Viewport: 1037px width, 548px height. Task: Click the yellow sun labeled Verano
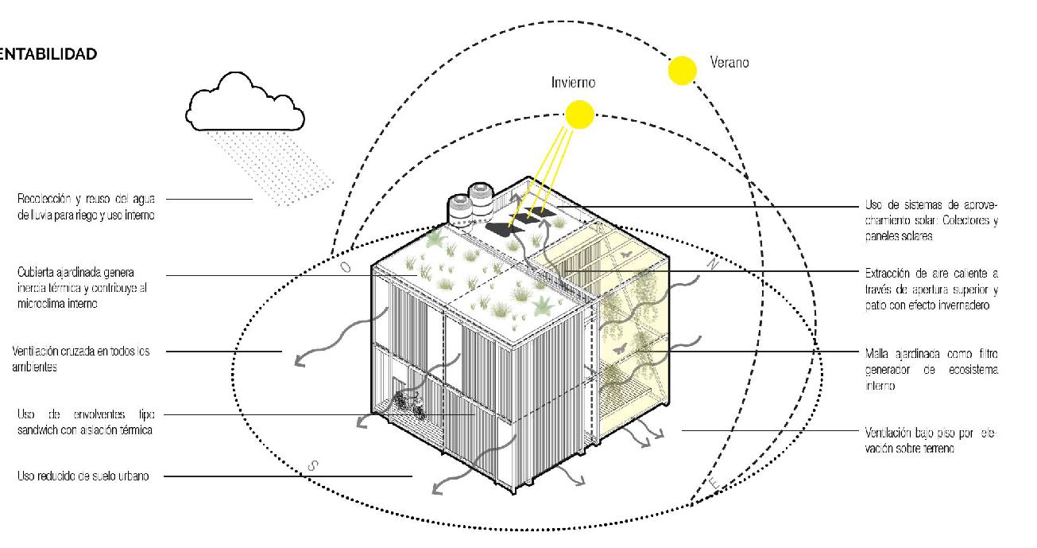(682, 71)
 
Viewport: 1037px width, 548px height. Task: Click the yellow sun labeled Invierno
(580, 115)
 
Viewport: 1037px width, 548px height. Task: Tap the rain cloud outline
(245, 103)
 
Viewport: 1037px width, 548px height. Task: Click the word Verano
(729, 62)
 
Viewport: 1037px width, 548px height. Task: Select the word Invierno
(573, 83)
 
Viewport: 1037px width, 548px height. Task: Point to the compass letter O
(346, 267)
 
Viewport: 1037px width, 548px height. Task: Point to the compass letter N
(712, 266)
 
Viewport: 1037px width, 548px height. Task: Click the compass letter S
(311, 467)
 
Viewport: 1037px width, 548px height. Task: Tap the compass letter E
(714, 482)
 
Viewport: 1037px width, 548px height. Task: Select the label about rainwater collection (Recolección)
(86, 206)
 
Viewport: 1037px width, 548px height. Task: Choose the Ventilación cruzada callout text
(81, 359)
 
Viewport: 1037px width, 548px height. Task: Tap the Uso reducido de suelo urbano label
(83, 476)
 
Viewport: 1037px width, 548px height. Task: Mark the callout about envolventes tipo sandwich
(84, 422)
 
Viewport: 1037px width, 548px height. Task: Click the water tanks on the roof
(470, 202)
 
